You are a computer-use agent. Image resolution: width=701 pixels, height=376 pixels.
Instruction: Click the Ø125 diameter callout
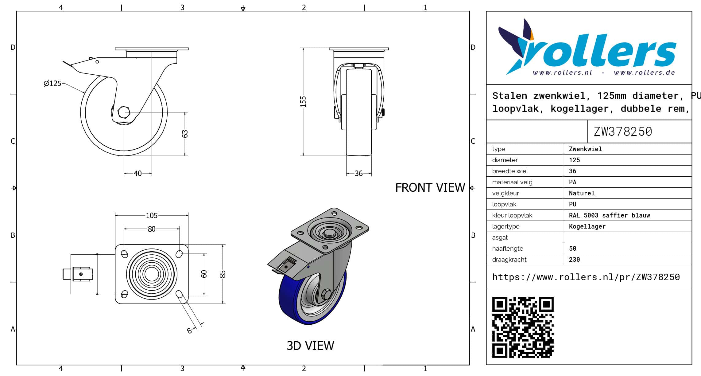tap(52, 83)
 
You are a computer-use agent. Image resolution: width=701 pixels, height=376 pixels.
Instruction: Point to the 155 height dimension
tap(303, 102)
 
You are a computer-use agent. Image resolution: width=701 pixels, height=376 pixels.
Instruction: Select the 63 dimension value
tap(185, 134)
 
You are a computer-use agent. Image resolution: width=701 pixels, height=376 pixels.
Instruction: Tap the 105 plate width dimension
tap(152, 215)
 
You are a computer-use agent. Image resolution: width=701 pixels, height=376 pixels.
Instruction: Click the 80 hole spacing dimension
tap(152, 229)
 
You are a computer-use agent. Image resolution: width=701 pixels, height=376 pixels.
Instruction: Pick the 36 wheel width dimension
tap(358, 174)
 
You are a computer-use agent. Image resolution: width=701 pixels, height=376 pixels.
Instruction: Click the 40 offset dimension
tap(138, 174)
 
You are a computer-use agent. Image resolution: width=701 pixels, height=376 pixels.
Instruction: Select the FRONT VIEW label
tap(430, 188)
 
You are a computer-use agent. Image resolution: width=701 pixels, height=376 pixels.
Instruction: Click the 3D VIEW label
tap(310, 346)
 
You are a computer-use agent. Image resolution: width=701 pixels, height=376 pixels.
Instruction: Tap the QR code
tap(523, 327)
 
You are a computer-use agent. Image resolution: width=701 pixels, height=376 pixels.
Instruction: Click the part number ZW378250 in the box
tap(623, 131)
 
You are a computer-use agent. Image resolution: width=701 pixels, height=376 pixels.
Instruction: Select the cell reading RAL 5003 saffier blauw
tap(609, 215)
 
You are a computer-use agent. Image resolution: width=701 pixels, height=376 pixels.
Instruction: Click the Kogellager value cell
tap(587, 226)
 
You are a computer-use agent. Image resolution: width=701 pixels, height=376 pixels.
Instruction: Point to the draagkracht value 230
tap(574, 260)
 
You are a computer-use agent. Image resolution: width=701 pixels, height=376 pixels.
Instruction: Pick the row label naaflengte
tap(508, 249)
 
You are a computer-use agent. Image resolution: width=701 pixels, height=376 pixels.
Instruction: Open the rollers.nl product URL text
tap(586, 277)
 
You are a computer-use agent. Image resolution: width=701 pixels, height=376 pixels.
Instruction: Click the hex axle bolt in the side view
tap(124, 112)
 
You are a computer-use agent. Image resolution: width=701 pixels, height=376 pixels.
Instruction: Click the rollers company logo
tap(587, 47)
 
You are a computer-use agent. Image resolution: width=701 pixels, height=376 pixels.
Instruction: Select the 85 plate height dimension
tap(223, 274)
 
